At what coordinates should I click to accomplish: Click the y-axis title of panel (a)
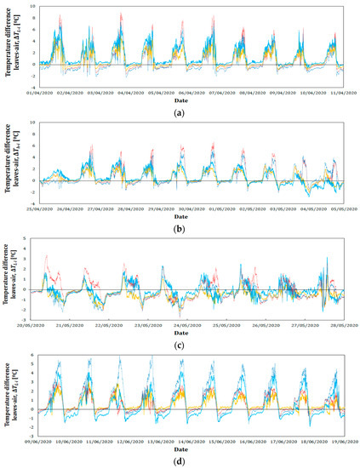pos(12,44)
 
